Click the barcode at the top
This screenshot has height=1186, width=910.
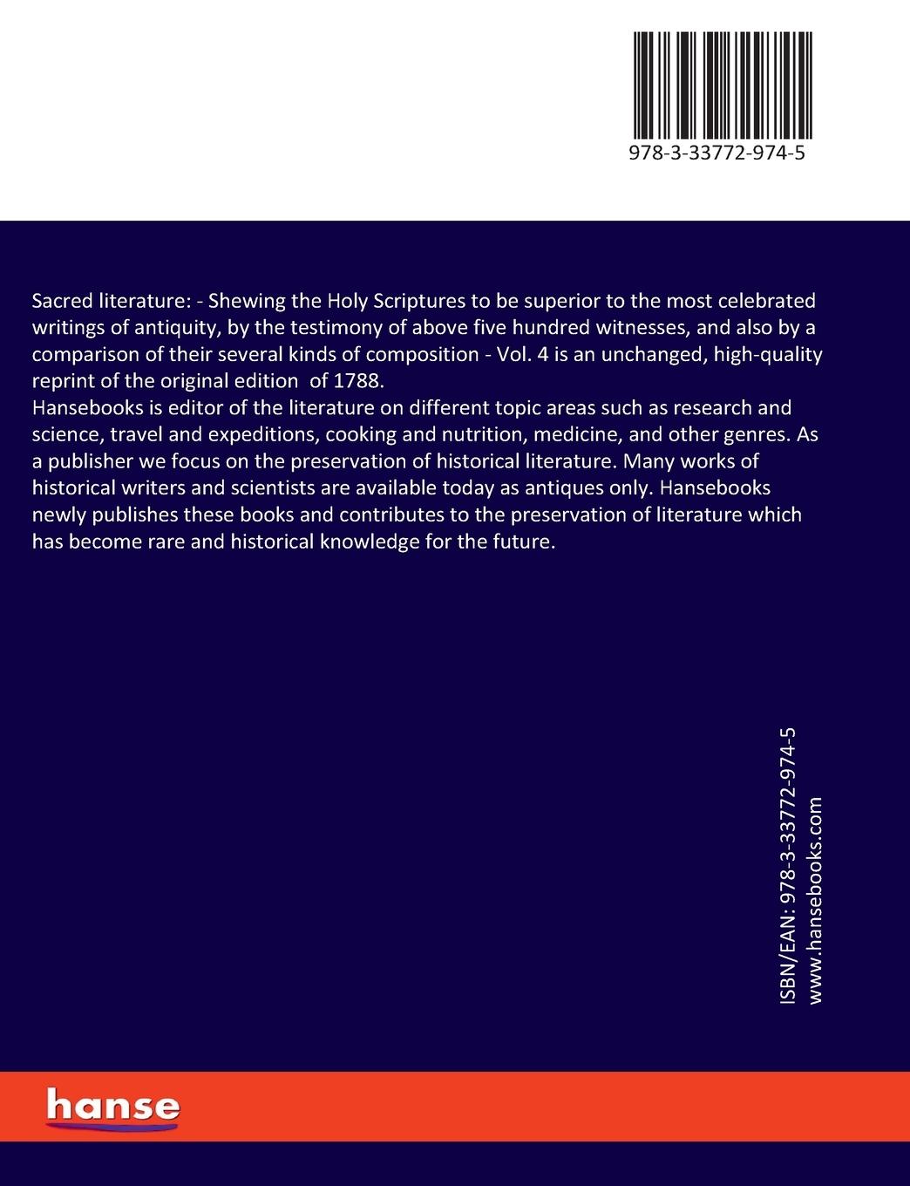click(x=723, y=85)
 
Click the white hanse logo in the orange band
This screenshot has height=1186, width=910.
click(x=112, y=1106)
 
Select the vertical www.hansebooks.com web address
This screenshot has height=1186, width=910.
click(x=816, y=900)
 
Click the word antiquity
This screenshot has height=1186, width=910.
click(x=171, y=328)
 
